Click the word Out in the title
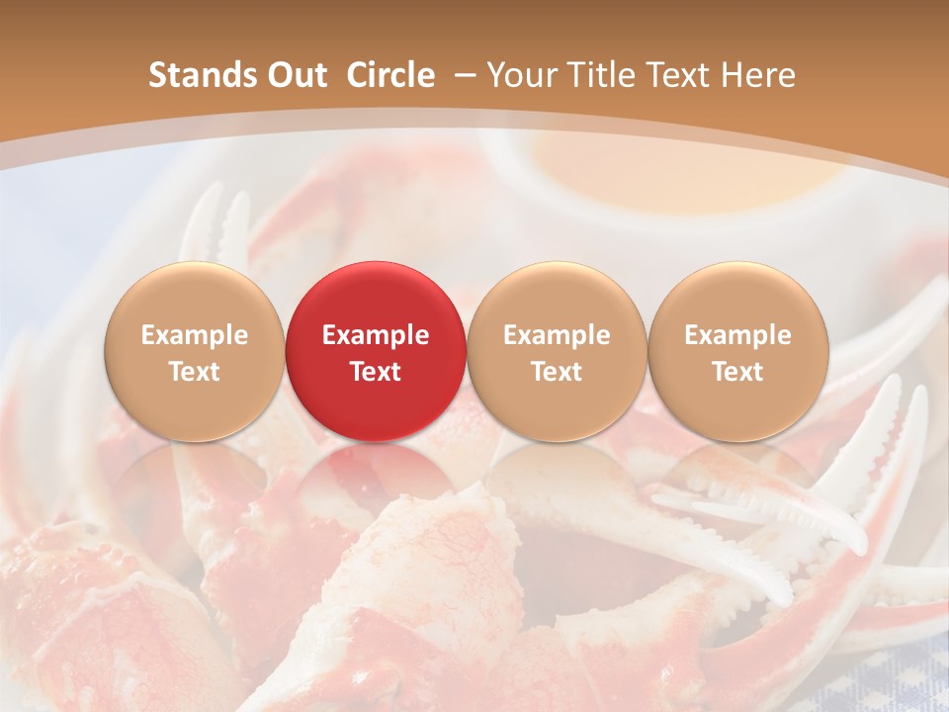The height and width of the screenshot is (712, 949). (292, 75)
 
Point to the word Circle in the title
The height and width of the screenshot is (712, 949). (390, 75)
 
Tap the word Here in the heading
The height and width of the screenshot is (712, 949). (758, 75)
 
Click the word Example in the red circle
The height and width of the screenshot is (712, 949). (375, 335)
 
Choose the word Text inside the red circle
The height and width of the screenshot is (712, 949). (375, 372)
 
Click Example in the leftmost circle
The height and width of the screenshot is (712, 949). (194, 335)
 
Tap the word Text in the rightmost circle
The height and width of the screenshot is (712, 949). (737, 372)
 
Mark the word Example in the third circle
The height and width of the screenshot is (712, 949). (557, 335)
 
